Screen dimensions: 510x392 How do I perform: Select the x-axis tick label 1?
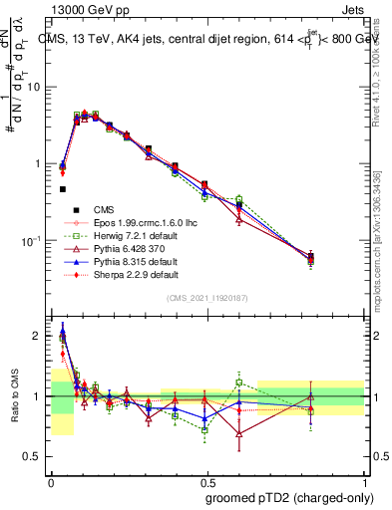pyautogui.click(x=364, y=481)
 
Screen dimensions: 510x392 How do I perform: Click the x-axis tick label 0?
pyautogui.click(x=51, y=481)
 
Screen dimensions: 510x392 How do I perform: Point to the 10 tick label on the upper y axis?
pyautogui.click(x=34, y=87)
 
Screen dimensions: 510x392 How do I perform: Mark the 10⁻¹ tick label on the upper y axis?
pyautogui.click(x=32, y=240)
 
